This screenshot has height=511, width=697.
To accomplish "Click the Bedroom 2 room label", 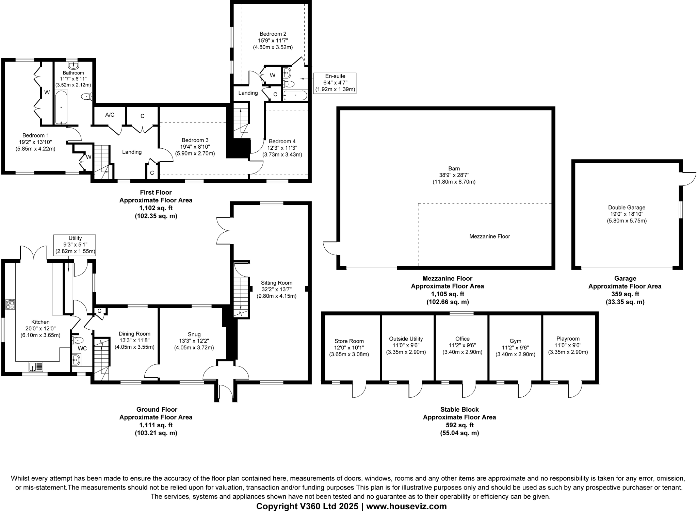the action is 273,34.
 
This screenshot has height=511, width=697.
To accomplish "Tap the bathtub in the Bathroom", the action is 61,107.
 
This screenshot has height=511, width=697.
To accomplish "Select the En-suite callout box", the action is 335,83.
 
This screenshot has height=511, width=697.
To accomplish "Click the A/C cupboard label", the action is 110,115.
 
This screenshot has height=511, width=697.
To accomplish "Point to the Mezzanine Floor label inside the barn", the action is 489,236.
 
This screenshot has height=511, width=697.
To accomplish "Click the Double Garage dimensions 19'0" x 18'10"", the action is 627,214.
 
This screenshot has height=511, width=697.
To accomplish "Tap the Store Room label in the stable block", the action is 349,341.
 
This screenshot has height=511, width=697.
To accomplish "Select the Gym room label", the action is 515,341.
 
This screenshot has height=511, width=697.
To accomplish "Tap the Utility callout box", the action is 75,245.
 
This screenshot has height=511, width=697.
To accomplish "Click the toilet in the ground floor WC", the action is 78,340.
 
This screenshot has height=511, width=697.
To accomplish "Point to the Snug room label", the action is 194,334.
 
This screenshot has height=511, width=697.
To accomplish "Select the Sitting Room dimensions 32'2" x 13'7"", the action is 276,290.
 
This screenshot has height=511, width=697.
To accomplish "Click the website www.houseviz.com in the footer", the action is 406,506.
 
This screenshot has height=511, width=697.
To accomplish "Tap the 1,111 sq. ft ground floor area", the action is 156,425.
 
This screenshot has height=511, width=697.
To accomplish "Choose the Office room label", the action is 462,339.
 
